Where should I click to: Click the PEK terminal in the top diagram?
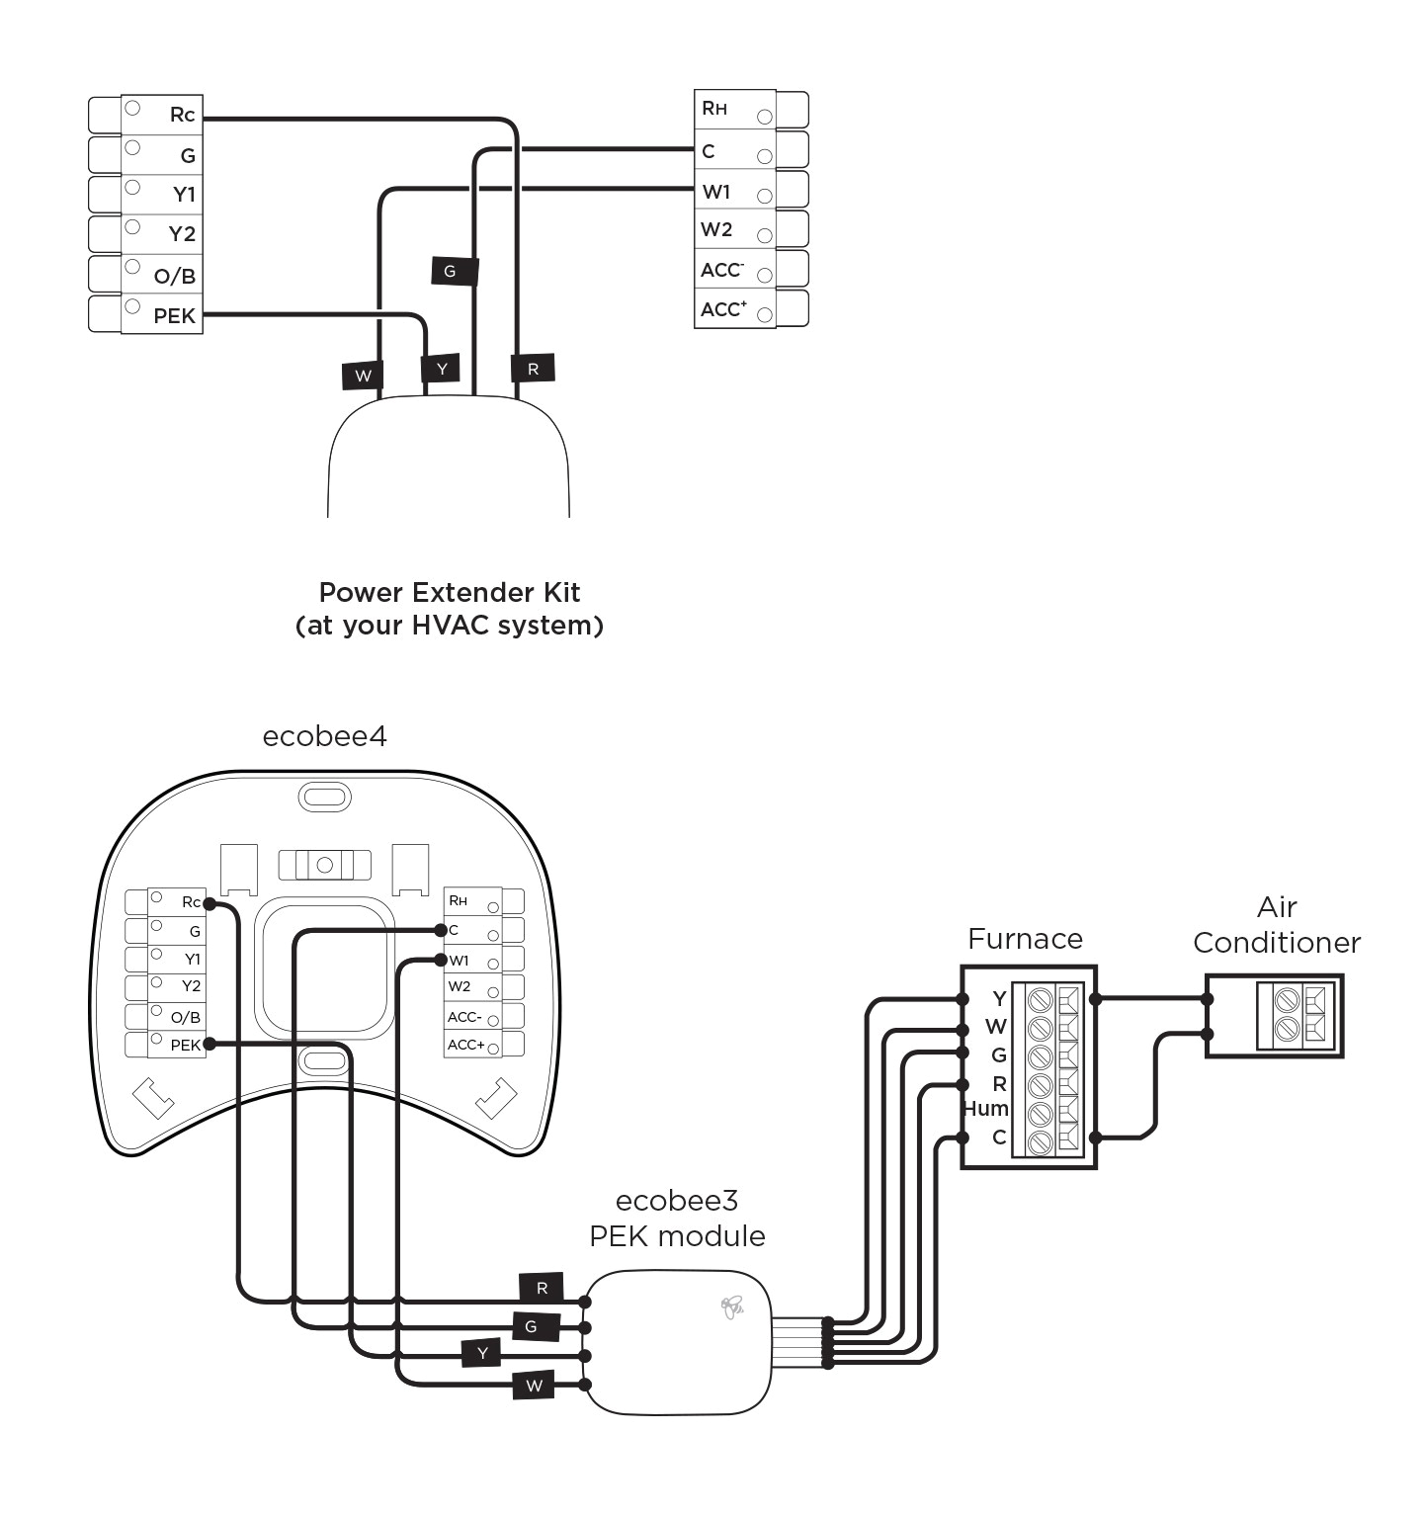click(x=173, y=316)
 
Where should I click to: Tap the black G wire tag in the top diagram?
click(x=454, y=271)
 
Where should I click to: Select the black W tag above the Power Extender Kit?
click(x=364, y=376)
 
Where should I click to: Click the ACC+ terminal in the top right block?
click(x=723, y=309)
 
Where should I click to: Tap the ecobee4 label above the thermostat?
click(x=324, y=736)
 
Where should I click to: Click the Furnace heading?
click(x=1025, y=939)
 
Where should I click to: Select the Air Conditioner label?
click(x=1277, y=925)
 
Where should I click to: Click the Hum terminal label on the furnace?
click(x=985, y=1109)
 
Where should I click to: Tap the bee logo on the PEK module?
click(x=732, y=1307)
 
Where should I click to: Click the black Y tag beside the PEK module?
click(x=482, y=1353)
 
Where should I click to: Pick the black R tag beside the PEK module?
click(x=542, y=1288)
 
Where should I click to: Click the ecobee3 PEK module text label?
click(x=677, y=1219)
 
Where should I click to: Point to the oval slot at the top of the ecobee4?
click(x=324, y=797)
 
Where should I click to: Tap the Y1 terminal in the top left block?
click(x=184, y=195)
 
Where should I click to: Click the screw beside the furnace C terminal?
click(x=1040, y=1142)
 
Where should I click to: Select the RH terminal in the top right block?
click(x=714, y=109)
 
